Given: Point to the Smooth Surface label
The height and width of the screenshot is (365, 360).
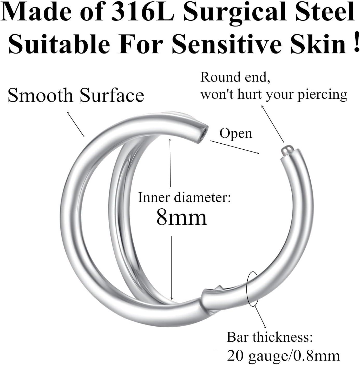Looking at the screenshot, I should click(x=76, y=95).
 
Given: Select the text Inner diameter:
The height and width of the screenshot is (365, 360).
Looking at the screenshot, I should click(x=184, y=197).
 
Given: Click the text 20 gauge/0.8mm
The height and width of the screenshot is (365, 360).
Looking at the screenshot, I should click(x=283, y=355).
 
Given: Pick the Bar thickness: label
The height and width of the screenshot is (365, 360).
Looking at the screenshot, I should click(x=270, y=337).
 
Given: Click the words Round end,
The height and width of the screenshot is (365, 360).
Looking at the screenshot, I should click(x=235, y=77).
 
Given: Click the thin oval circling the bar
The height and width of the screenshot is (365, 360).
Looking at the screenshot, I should click(x=251, y=288).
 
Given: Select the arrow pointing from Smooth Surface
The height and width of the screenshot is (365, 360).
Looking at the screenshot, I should click(x=76, y=124).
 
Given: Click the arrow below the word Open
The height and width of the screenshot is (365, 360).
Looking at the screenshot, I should click(x=235, y=147).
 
